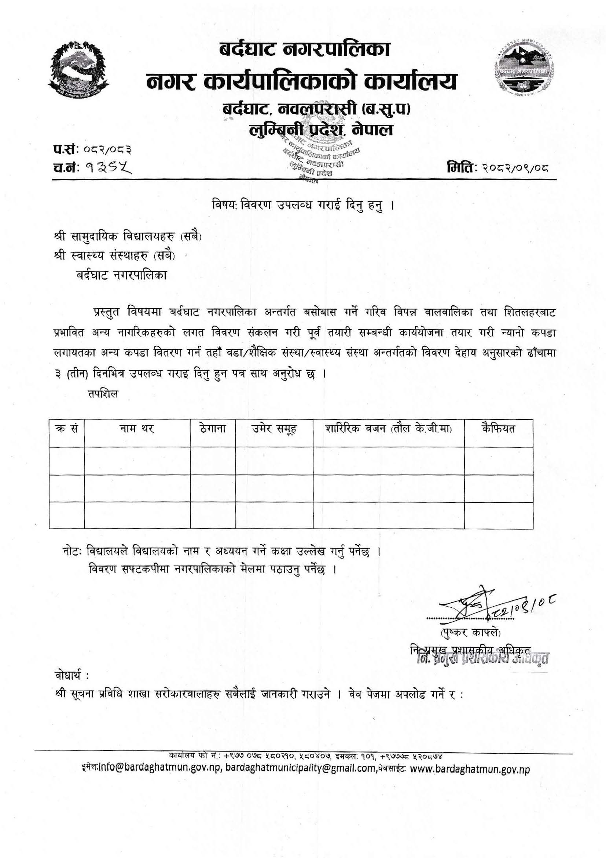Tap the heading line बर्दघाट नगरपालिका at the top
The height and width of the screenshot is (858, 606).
click(304, 50)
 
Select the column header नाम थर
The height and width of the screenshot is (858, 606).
click(137, 429)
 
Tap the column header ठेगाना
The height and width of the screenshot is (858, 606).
click(213, 429)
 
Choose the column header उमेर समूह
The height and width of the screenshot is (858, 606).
click(274, 429)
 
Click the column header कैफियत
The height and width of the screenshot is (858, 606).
click(498, 429)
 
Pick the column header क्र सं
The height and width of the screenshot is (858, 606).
click(66, 429)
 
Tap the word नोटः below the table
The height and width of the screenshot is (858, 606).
click(73, 551)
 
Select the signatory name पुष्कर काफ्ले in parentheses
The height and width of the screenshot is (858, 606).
click(470, 633)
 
